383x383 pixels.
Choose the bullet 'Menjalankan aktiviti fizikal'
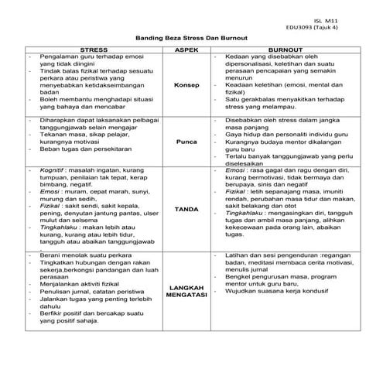click(77, 285)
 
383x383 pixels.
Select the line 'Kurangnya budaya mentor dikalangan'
click(284, 142)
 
